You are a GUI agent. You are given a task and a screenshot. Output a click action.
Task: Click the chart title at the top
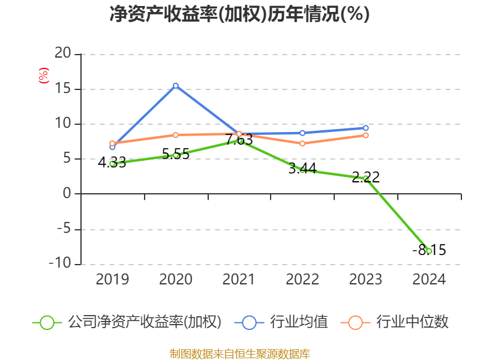click(x=239, y=14)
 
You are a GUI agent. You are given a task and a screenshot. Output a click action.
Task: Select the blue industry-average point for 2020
click(x=176, y=86)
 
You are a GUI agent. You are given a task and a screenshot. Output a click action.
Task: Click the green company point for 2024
click(x=429, y=251)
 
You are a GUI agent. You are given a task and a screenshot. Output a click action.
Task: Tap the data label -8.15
click(x=429, y=250)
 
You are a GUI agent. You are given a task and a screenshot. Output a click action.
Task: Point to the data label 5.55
click(x=175, y=154)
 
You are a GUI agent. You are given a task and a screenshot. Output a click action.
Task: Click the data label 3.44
click(x=302, y=169)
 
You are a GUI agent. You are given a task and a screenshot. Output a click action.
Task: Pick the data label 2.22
click(x=365, y=178)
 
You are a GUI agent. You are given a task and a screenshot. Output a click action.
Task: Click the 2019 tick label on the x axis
click(x=112, y=280)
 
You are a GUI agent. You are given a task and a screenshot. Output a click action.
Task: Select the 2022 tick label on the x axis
click(x=302, y=280)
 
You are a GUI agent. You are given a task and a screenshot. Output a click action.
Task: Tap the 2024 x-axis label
click(x=429, y=280)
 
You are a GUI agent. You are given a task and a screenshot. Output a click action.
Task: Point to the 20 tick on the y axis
click(x=63, y=55)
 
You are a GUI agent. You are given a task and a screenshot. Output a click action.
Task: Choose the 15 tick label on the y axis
click(x=63, y=89)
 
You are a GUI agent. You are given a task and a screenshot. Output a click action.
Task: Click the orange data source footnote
click(x=239, y=353)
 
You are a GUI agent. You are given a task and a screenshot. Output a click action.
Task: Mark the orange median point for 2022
click(x=302, y=143)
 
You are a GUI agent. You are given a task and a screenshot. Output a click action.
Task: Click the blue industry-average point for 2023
click(x=365, y=128)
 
